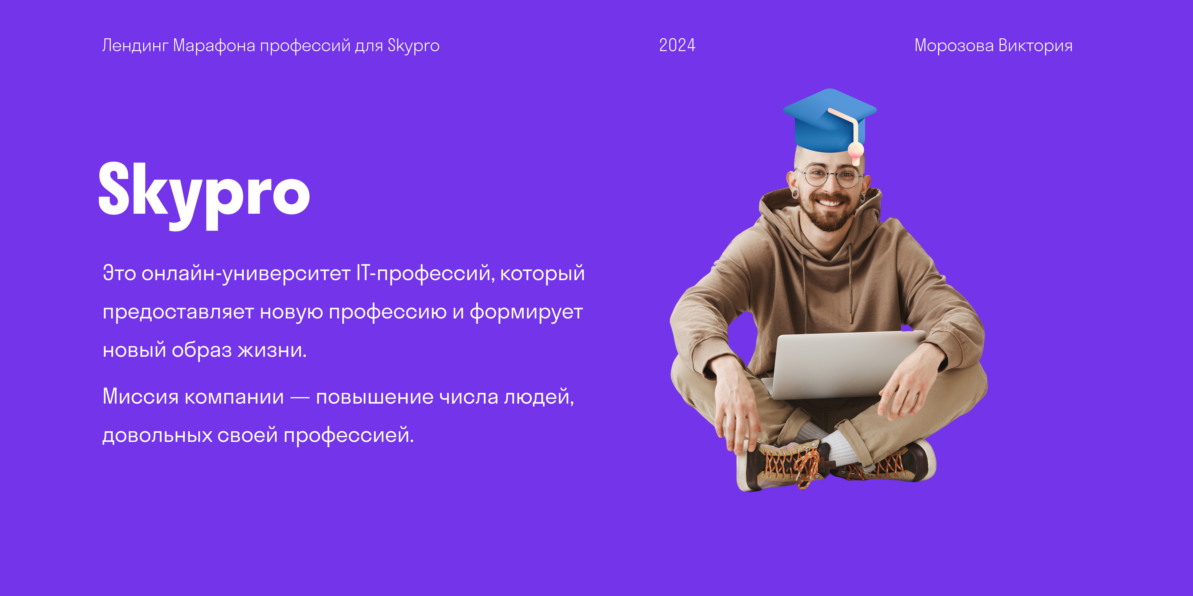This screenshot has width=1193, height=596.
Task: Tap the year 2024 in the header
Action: click(x=677, y=45)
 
